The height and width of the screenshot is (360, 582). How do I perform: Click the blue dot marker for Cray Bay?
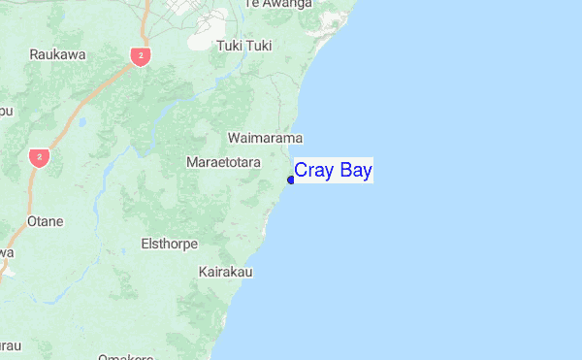[x=290, y=180]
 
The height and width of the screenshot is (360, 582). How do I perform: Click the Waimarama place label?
[x=266, y=139]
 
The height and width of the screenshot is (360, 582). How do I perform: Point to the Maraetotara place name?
[x=223, y=162]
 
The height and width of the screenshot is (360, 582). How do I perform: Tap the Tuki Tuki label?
[x=245, y=46]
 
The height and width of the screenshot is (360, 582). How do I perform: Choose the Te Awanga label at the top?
[x=279, y=4]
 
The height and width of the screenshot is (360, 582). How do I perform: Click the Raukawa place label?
[x=58, y=55]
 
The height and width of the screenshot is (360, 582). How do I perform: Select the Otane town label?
[x=46, y=221]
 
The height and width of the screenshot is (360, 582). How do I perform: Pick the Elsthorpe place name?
[x=170, y=244]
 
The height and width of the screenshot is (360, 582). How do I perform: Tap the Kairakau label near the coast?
[x=226, y=273]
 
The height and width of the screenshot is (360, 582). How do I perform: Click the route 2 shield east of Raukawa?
[x=142, y=57]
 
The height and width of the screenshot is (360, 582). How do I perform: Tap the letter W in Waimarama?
[x=234, y=139]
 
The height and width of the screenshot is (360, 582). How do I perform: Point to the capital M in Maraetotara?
[x=191, y=162]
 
